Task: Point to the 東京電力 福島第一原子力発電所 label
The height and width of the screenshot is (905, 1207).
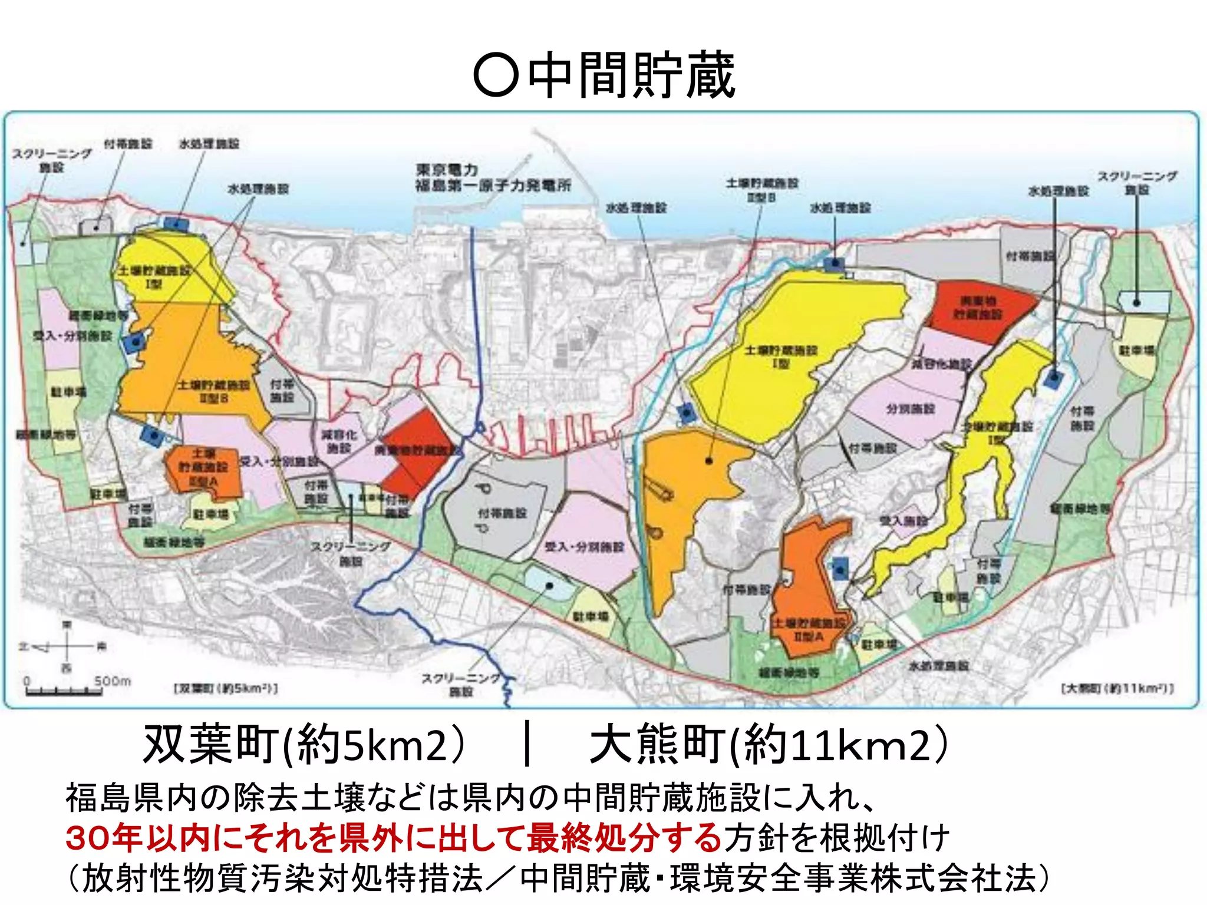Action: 493,178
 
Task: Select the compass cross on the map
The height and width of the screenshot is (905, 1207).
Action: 67,646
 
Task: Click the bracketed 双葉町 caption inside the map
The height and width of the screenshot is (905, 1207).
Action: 226,688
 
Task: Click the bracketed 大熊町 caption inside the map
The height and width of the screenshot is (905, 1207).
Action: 1117,688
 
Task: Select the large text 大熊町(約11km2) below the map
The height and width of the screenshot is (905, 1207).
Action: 769,745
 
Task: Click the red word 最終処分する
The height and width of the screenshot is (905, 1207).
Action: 624,837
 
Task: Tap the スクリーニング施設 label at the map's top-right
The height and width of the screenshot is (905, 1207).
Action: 1137,183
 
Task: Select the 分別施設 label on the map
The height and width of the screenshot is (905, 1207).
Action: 911,408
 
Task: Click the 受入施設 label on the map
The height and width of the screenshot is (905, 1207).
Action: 903,521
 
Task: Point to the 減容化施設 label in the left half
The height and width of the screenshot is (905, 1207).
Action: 339,441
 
